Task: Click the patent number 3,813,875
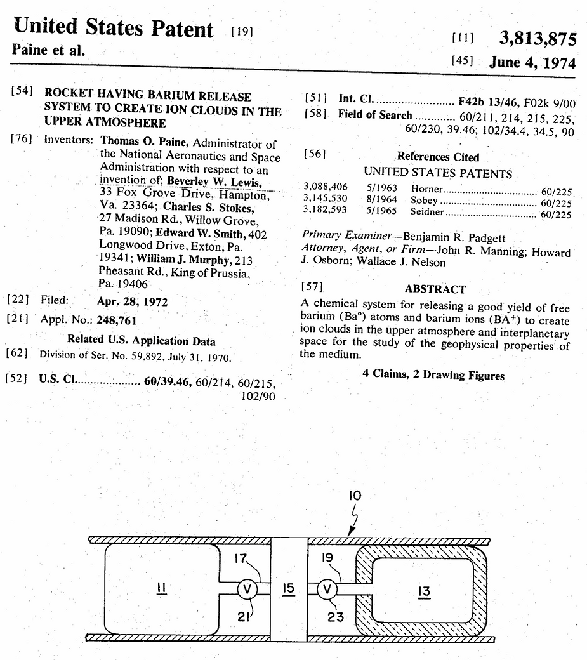tap(538, 39)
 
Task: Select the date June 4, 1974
tap(532, 63)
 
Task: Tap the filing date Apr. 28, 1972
tap(132, 301)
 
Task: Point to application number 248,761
tap(117, 320)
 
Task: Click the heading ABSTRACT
tap(435, 289)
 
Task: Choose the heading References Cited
tap(438, 157)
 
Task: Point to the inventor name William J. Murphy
tap(194, 261)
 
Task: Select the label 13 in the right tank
tap(424, 591)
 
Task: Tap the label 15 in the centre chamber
tap(289, 590)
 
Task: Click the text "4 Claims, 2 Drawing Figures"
tap(433, 376)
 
